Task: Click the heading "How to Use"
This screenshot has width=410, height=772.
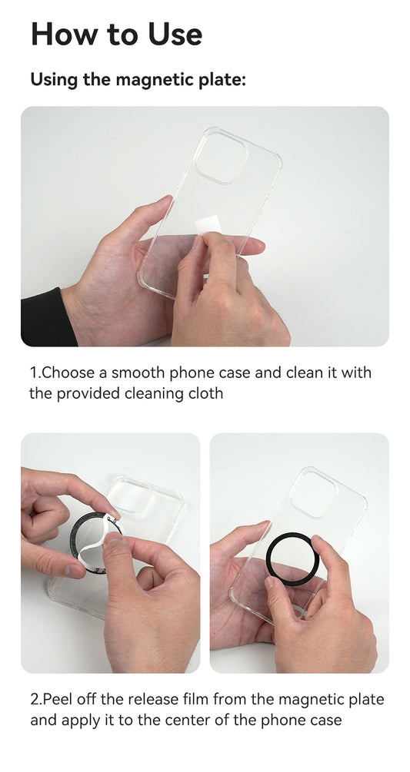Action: pos(116,35)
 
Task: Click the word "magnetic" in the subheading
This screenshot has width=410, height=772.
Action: pos(150,80)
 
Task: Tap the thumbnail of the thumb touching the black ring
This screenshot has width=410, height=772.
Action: pos(272,583)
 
